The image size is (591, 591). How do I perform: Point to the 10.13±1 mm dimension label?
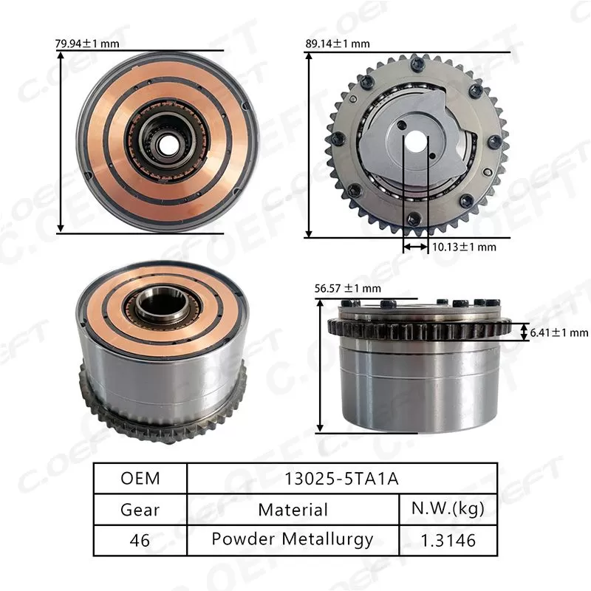click(x=463, y=247)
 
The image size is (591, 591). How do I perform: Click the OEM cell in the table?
click(x=140, y=478)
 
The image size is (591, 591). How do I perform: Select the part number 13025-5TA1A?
click(x=341, y=478)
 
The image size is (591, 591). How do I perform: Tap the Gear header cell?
click(x=140, y=509)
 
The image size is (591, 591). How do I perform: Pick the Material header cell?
click(x=293, y=509)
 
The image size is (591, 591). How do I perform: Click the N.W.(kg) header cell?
click(x=448, y=509)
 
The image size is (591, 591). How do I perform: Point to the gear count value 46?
click(x=140, y=540)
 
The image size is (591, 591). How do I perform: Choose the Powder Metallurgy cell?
click(x=293, y=540)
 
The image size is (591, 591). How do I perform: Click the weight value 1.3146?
click(x=448, y=540)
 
